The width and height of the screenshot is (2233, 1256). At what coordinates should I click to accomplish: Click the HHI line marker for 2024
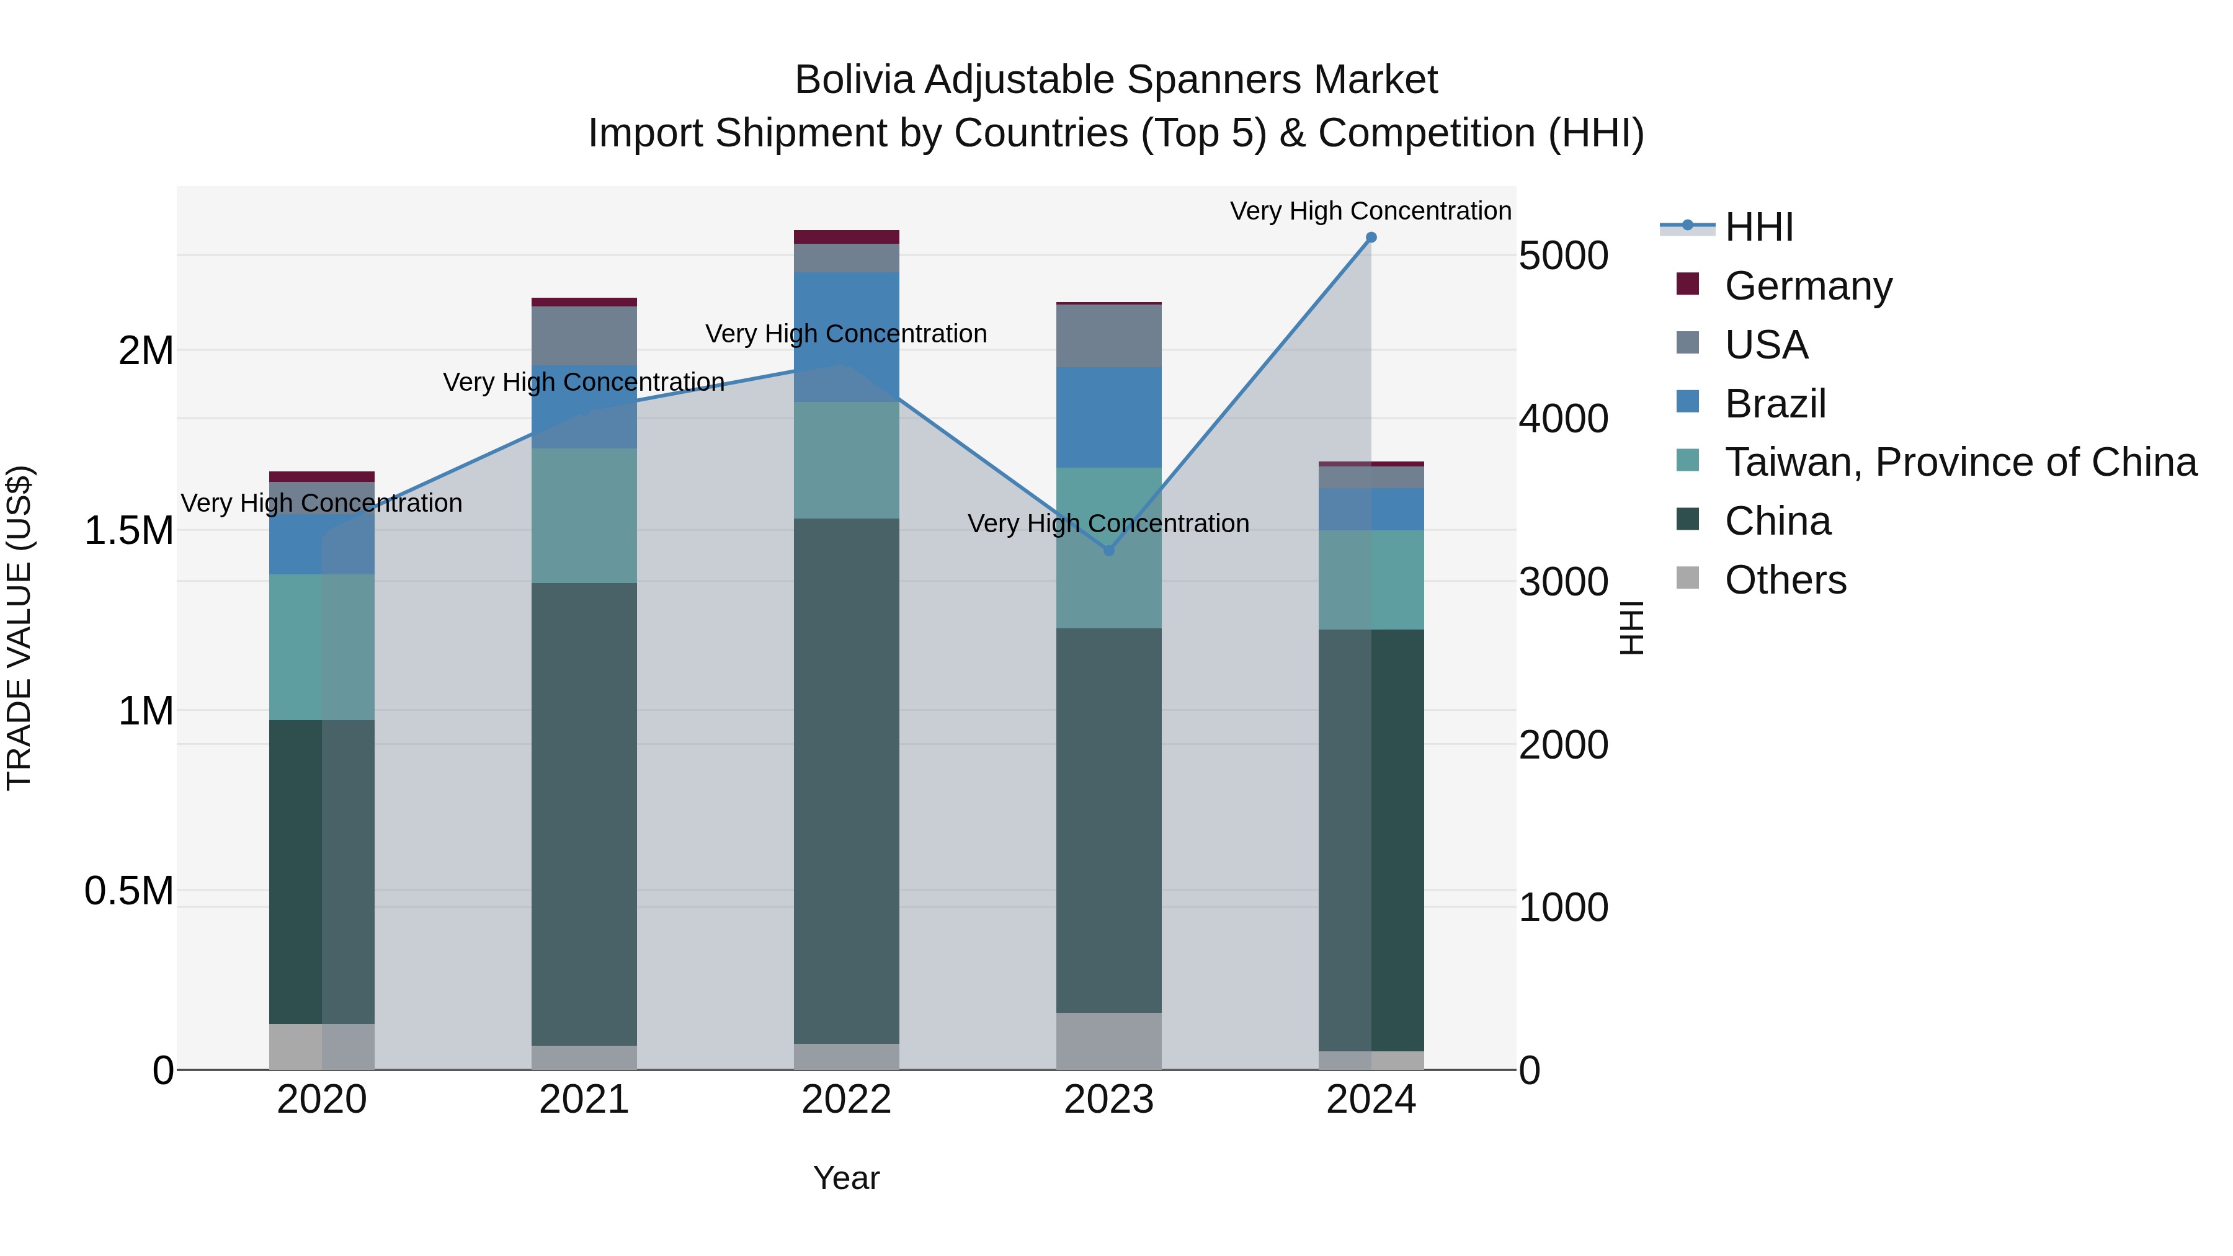(1370, 238)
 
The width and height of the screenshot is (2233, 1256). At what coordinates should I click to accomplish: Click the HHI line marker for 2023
(1108, 550)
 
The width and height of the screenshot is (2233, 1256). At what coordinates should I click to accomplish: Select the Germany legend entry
(1807, 286)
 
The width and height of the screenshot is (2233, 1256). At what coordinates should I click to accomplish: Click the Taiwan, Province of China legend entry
(1960, 462)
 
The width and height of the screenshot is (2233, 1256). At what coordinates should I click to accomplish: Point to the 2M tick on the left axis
(146, 351)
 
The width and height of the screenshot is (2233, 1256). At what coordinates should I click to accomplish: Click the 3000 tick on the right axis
(1563, 582)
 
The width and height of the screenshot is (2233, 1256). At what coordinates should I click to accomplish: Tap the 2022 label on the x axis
(846, 1100)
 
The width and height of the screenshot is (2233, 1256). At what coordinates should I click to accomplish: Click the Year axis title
(846, 1178)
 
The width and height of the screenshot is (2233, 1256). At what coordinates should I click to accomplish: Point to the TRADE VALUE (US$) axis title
(19, 628)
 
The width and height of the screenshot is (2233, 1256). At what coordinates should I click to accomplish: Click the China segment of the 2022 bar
(846, 780)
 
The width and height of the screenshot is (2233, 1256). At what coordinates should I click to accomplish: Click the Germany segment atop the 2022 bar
(846, 237)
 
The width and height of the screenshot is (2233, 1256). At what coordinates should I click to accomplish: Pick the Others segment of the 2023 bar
(1108, 1041)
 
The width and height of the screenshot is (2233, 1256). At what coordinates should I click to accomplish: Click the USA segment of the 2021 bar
(584, 336)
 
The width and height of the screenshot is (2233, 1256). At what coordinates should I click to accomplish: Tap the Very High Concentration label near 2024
(1370, 211)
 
